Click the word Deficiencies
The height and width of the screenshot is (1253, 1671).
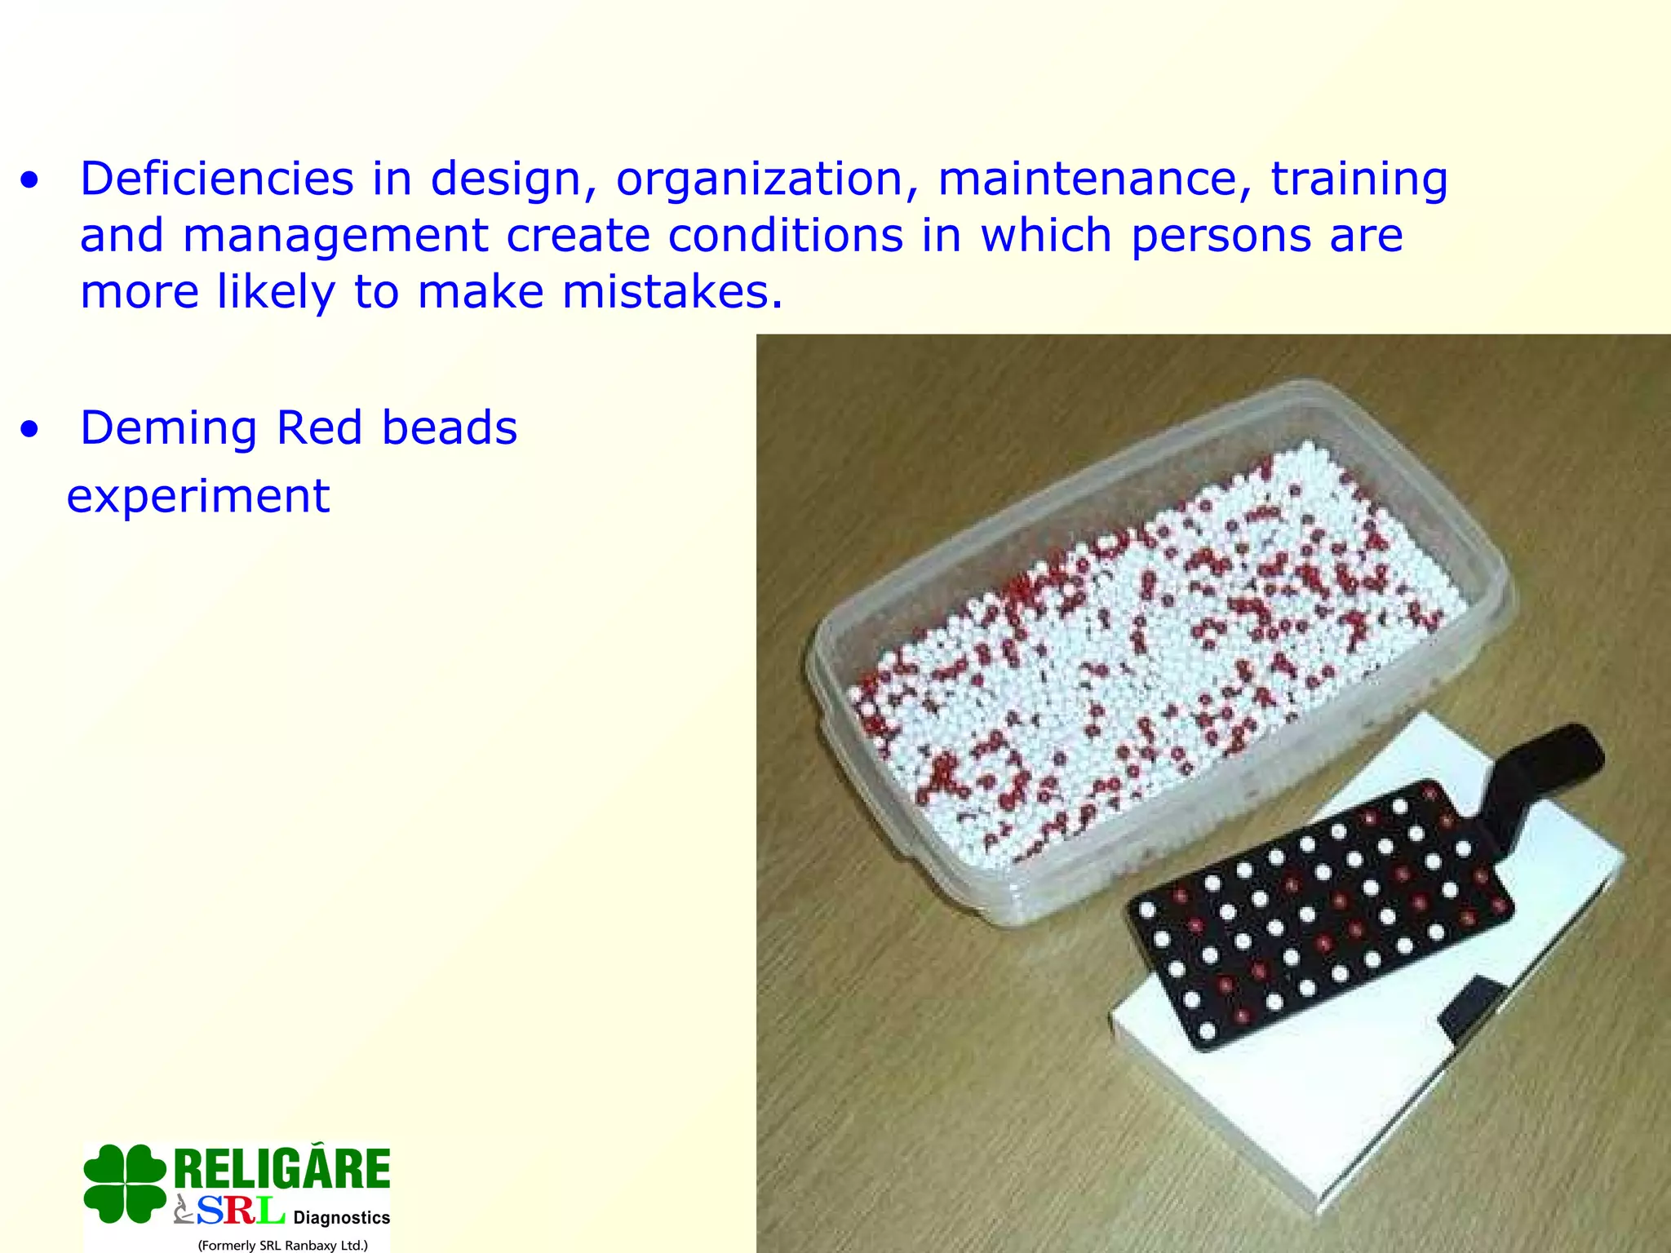point(216,179)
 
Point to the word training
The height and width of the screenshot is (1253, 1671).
point(1359,179)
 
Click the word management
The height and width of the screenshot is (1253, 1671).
point(335,237)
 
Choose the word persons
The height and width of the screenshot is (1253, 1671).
point(1221,237)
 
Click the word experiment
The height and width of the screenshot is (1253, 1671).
point(198,497)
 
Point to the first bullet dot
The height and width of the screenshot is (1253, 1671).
point(30,181)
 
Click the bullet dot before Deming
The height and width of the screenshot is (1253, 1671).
point(30,430)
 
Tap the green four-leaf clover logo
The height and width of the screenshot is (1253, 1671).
point(125,1183)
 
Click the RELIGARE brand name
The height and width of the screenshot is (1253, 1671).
point(282,1168)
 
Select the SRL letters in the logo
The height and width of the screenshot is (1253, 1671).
point(241,1211)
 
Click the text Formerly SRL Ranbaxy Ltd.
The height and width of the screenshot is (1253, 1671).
point(282,1245)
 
